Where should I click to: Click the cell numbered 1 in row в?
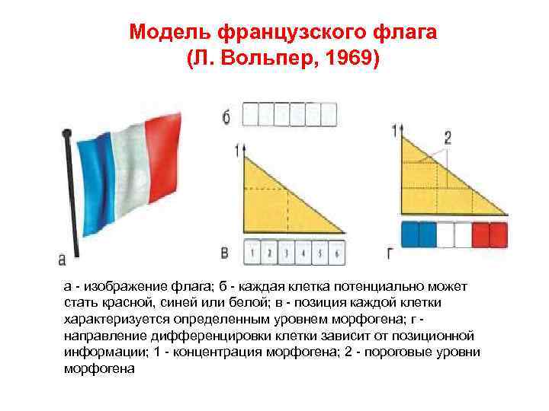pyautogui.click(x=252, y=251)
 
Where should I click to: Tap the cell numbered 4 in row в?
pyautogui.click(x=303, y=251)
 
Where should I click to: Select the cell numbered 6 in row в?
pyautogui.click(x=336, y=251)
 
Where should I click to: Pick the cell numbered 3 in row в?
pyautogui.click(x=286, y=251)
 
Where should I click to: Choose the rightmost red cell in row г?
pyautogui.click(x=496, y=234)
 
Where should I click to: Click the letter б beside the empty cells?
pyautogui.click(x=226, y=116)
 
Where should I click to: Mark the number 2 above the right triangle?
pyautogui.click(x=448, y=137)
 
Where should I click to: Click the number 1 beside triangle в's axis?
pyautogui.click(x=237, y=150)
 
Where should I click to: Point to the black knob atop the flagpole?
pyautogui.click(x=66, y=135)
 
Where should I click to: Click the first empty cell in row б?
pyautogui.click(x=249, y=114)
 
